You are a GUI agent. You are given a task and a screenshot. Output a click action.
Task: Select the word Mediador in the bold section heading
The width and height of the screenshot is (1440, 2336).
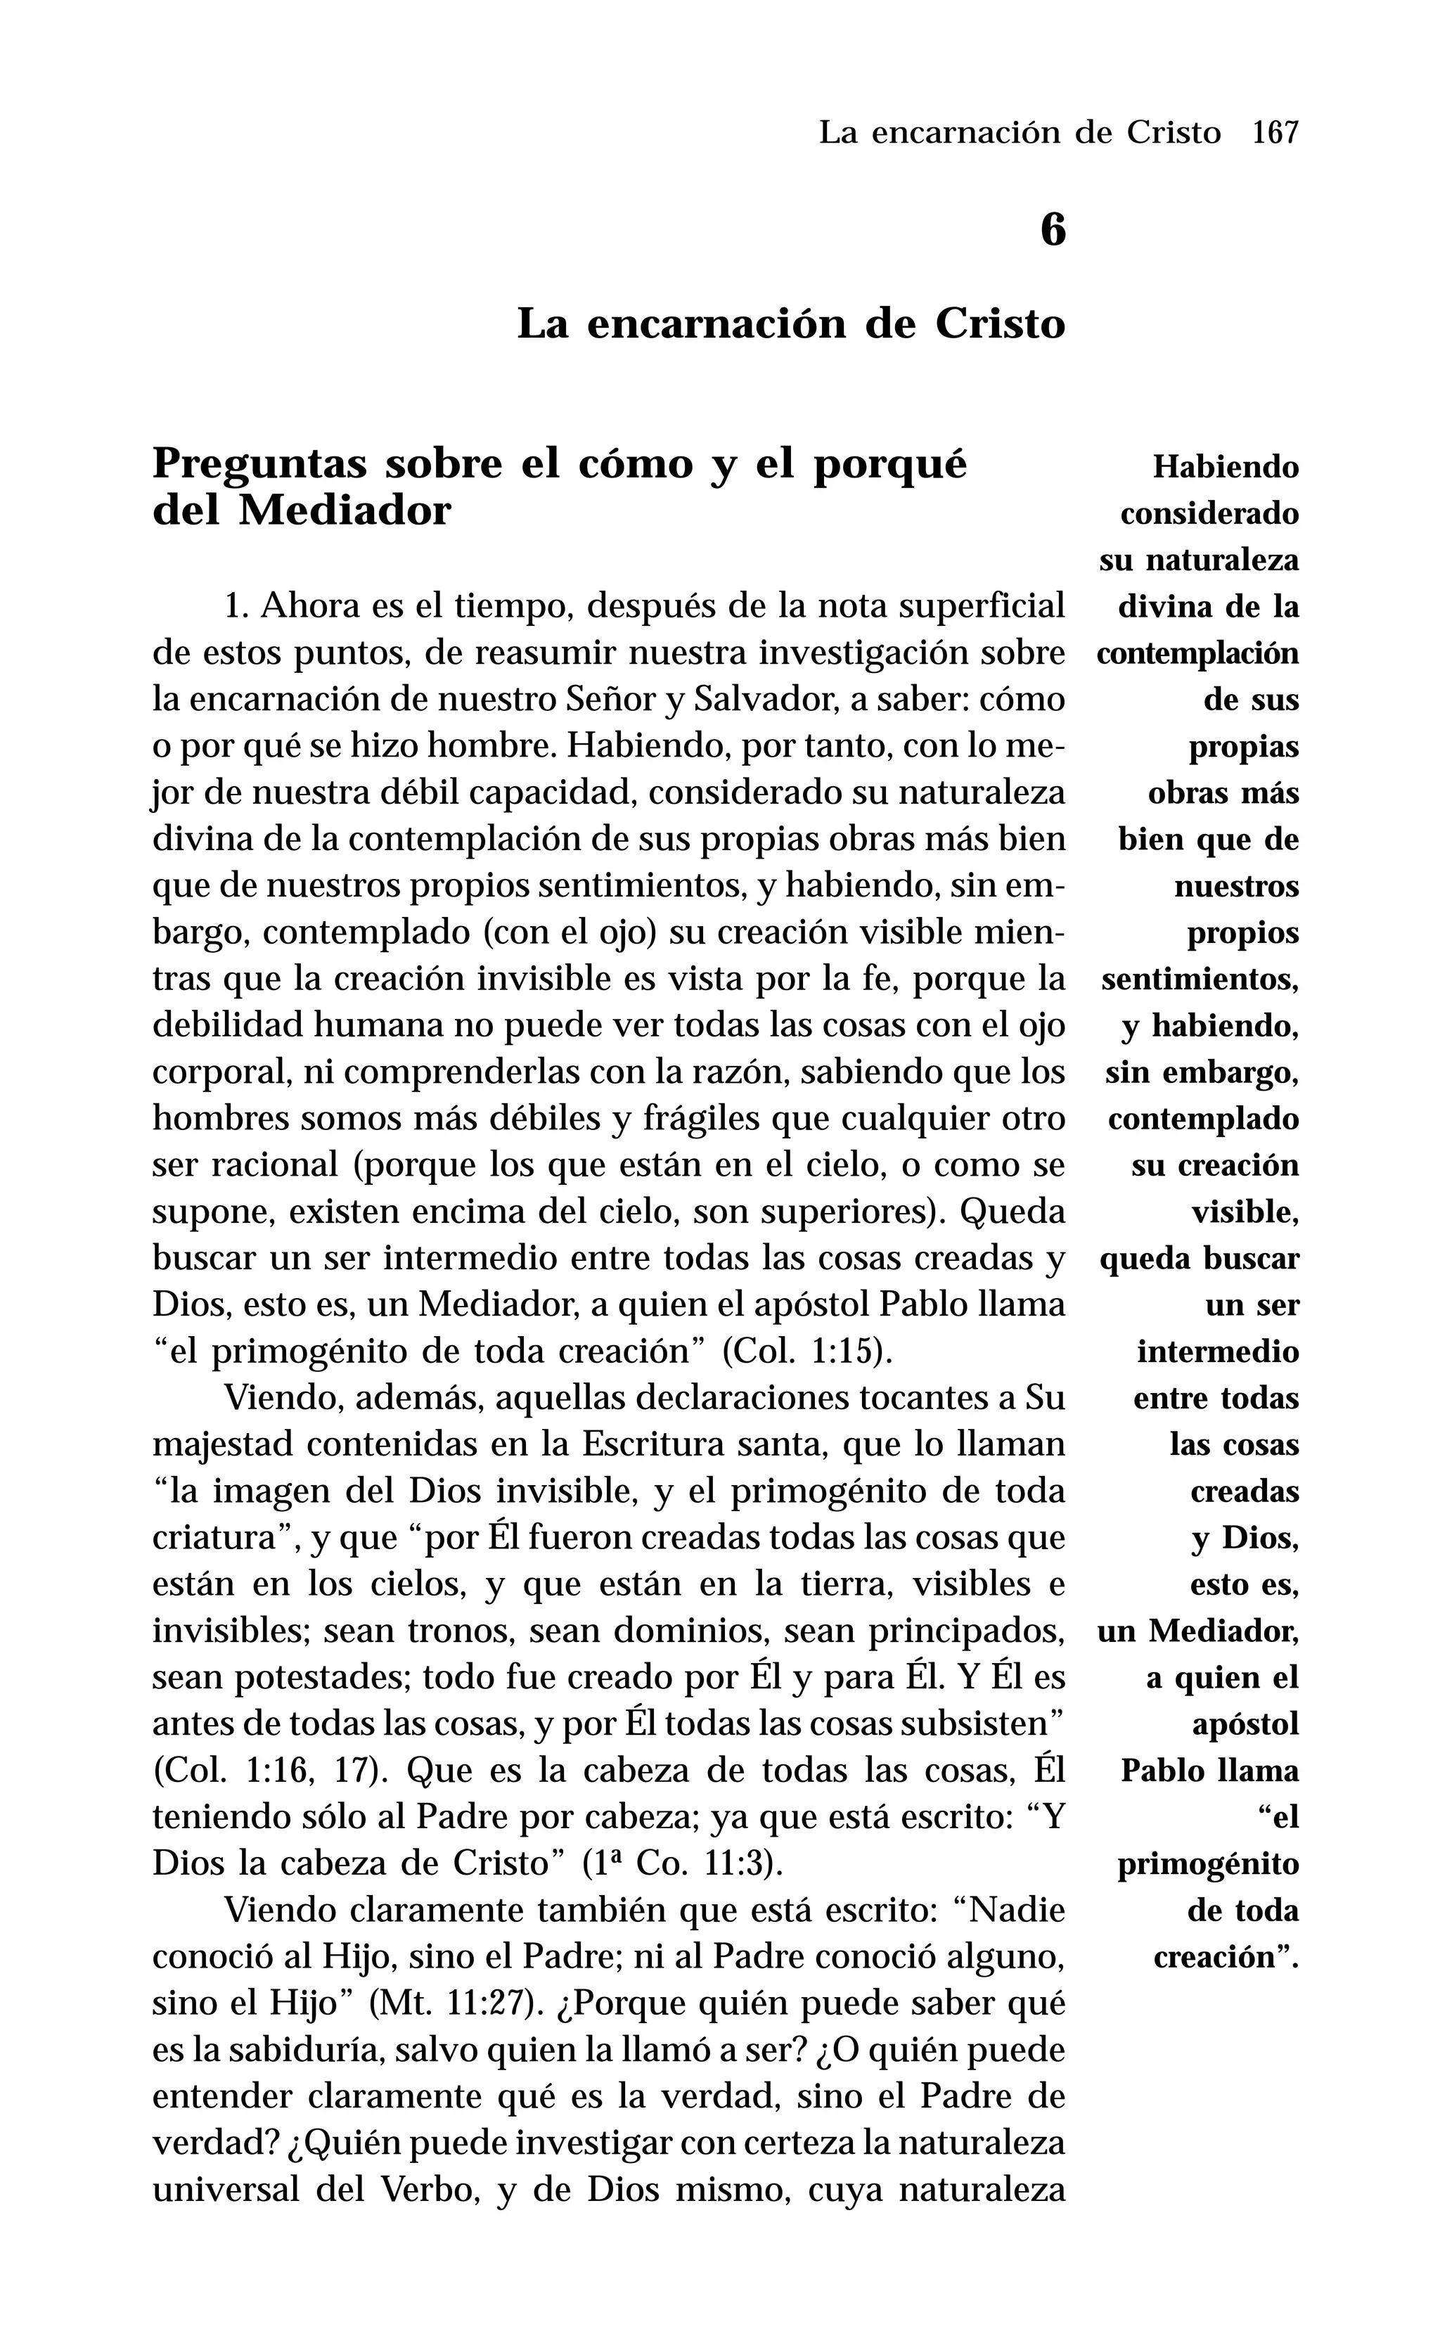(344, 511)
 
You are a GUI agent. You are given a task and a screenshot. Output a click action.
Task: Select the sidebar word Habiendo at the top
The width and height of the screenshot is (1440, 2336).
(1226, 468)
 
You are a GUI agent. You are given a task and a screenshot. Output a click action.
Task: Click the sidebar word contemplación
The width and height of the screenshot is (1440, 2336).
(1198, 654)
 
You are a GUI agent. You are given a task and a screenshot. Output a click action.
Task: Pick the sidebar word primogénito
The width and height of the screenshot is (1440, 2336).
(1208, 1863)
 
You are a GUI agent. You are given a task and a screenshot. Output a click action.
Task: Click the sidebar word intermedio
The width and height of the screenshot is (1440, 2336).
(1218, 1352)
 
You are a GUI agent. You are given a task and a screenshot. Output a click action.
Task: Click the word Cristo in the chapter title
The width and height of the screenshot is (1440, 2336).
(1000, 323)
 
